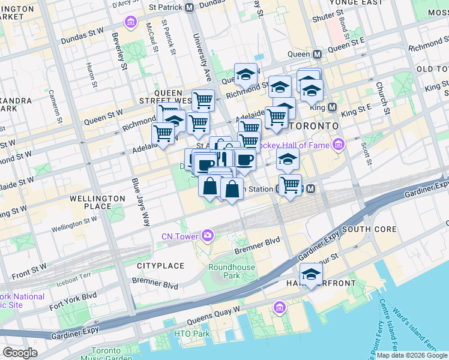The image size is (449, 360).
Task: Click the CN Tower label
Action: (179, 236)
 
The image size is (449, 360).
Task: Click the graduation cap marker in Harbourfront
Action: (311, 275)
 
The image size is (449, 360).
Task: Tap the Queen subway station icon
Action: (316, 54)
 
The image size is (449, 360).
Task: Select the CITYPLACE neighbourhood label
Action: (160, 265)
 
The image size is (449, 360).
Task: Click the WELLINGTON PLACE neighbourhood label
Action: (91, 202)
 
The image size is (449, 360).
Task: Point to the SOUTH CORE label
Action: (369, 229)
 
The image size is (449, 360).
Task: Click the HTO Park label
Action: (191, 334)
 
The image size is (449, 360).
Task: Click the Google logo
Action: (20, 353)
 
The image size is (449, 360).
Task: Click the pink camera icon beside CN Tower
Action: (208, 235)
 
